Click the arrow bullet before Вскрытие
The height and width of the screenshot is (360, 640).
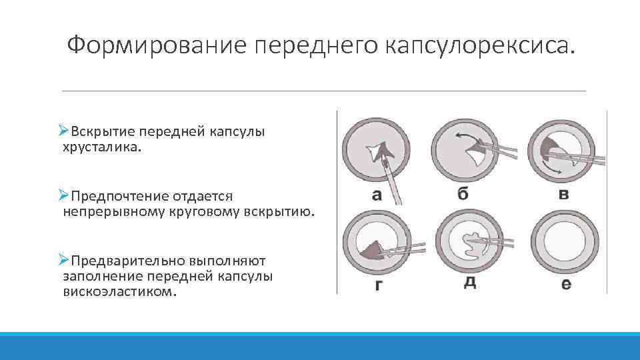coord(63,131)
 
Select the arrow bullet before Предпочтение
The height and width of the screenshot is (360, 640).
coord(63,196)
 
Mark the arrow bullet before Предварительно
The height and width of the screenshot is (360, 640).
coord(63,260)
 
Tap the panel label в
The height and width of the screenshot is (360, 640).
coord(563,195)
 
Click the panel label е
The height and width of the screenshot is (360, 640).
coord(566,285)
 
